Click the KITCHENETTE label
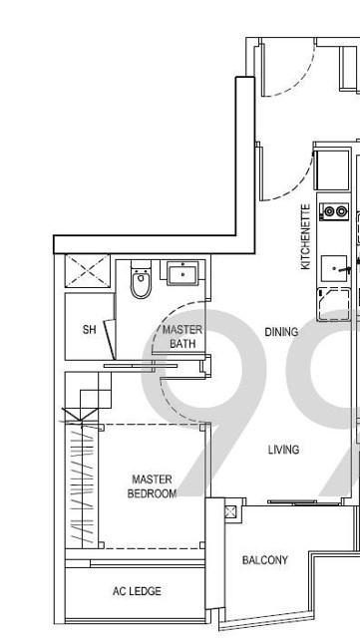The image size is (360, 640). click(x=306, y=236)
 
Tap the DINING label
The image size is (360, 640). click(x=281, y=332)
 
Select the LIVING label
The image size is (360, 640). click(x=283, y=450)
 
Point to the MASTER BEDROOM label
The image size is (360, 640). click(x=152, y=486)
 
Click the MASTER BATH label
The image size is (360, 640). click(x=182, y=336)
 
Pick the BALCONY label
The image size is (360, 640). click(x=265, y=560)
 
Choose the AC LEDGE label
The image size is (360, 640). click(x=137, y=591)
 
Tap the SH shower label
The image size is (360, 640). click(x=90, y=329)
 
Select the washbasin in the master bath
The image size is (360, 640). click(x=182, y=273)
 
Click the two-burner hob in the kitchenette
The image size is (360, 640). click(x=335, y=211)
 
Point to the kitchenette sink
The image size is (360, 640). click(x=335, y=268)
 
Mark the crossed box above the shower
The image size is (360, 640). click(x=88, y=270)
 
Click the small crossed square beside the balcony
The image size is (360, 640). click(x=230, y=511)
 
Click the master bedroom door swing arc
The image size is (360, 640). click(x=172, y=408)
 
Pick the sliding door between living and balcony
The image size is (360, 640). click(x=304, y=502)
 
